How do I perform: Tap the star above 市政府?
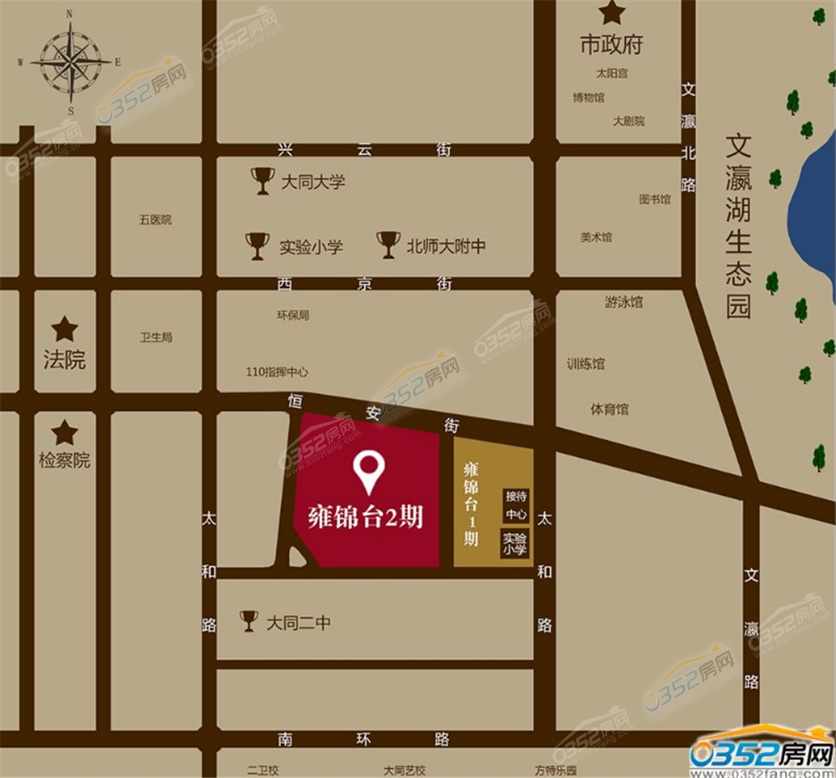click(x=612, y=13)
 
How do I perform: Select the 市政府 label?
click(x=612, y=44)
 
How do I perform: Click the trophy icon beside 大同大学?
click(x=263, y=181)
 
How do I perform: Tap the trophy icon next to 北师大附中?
click(x=388, y=245)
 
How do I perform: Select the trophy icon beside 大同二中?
click(x=248, y=622)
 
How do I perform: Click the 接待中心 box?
click(x=516, y=504)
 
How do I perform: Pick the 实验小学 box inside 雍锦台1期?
click(x=516, y=544)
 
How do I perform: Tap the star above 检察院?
click(x=64, y=433)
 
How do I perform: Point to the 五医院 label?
click(x=155, y=220)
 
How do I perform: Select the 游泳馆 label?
click(x=624, y=301)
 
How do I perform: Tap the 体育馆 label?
click(x=610, y=409)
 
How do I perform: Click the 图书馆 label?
click(x=655, y=199)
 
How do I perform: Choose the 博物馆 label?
click(x=588, y=98)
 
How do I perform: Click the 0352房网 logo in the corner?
click(x=763, y=752)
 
